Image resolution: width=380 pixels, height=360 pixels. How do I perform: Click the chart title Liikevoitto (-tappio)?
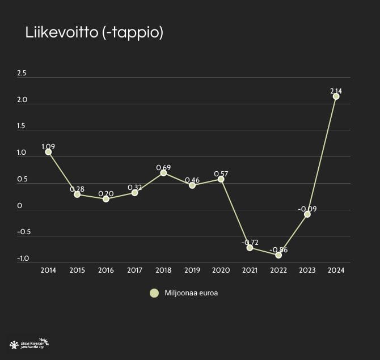[x=94, y=32]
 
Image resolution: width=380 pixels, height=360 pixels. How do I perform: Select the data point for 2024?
[x=336, y=96]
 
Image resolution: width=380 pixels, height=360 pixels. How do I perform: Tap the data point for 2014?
[x=48, y=152]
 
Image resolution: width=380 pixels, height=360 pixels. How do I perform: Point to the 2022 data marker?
[x=278, y=255]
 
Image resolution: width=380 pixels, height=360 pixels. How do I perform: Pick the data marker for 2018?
[x=163, y=173]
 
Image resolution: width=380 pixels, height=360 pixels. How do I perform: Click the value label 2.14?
[x=336, y=91]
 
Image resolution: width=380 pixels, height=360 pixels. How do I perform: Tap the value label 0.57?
[x=221, y=173]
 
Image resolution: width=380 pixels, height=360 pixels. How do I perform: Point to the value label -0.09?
[x=307, y=209]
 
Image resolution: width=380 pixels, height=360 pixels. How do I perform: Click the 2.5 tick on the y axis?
[x=22, y=73]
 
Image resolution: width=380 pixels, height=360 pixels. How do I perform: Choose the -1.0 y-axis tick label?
[x=23, y=259]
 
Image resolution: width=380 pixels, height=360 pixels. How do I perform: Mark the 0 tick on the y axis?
[x=19, y=206]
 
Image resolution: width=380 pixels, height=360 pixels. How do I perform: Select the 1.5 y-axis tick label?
[x=22, y=126]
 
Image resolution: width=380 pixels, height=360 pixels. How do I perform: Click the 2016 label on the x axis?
[x=106, y=270]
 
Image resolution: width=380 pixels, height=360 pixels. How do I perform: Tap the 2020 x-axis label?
[x=221, y=270]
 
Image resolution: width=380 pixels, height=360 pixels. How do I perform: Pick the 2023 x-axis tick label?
[x=307, y=270]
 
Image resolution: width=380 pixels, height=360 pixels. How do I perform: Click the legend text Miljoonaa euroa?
[x=191, y=293]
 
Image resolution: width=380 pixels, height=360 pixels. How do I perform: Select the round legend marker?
[x=154, y=293]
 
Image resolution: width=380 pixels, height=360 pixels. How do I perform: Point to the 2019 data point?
[x=192, y=185]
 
